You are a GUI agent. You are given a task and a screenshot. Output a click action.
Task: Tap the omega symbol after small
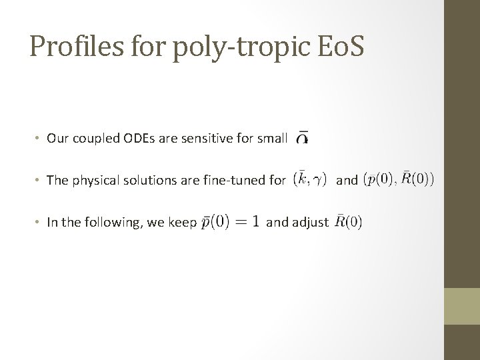(x=301, y=138)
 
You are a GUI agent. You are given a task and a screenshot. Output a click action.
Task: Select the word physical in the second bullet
(x=95, y=180)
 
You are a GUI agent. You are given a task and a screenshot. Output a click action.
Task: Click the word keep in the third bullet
(x=182, y=223)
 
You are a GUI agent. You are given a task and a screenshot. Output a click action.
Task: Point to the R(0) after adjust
(x=349, y=221)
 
